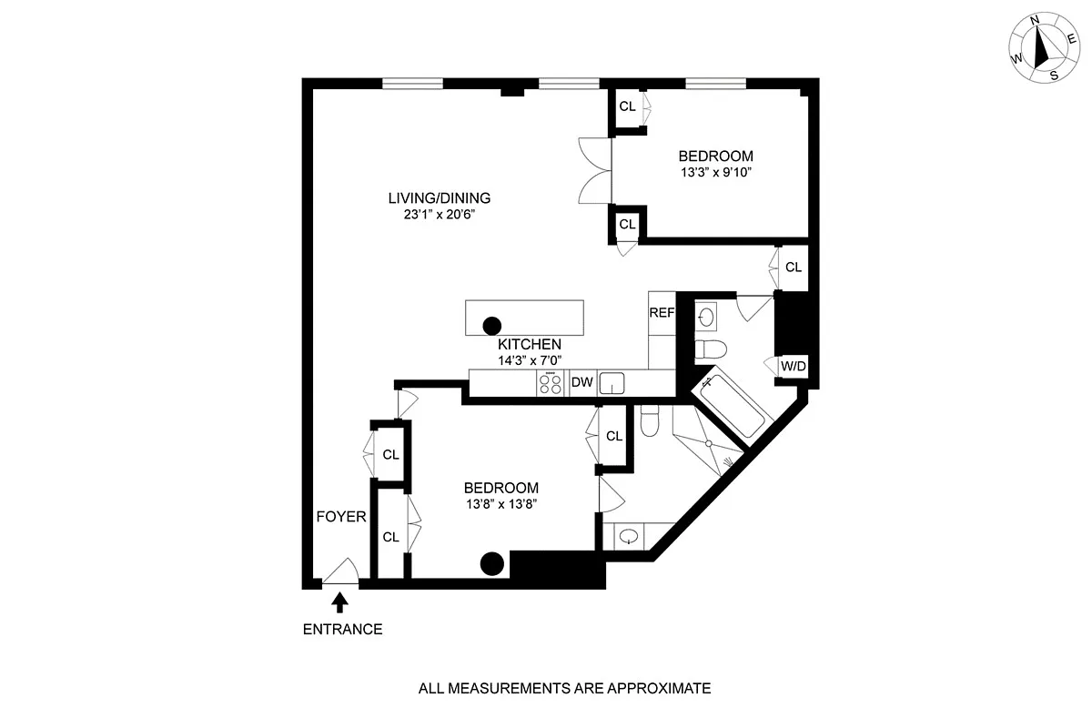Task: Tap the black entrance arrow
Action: pos(340,601)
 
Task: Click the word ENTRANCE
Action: pos(342,629)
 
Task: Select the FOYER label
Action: pos(340,517)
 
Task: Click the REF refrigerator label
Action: pos(662,313)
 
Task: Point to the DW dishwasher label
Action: pos(581,383)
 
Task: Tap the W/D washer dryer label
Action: pos(794,367)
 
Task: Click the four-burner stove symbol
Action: pos(550,384)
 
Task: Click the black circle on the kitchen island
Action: pos(492,325)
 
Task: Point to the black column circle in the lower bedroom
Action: pos(492,564)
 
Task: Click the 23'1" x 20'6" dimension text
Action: pos(440,216)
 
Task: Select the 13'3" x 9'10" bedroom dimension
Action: pos(715,173)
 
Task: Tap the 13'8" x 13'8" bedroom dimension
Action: pos(500,505)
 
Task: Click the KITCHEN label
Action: pos(529,345)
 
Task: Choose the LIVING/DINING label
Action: pos(440,197)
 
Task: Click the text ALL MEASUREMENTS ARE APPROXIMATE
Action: pos(564,689)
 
